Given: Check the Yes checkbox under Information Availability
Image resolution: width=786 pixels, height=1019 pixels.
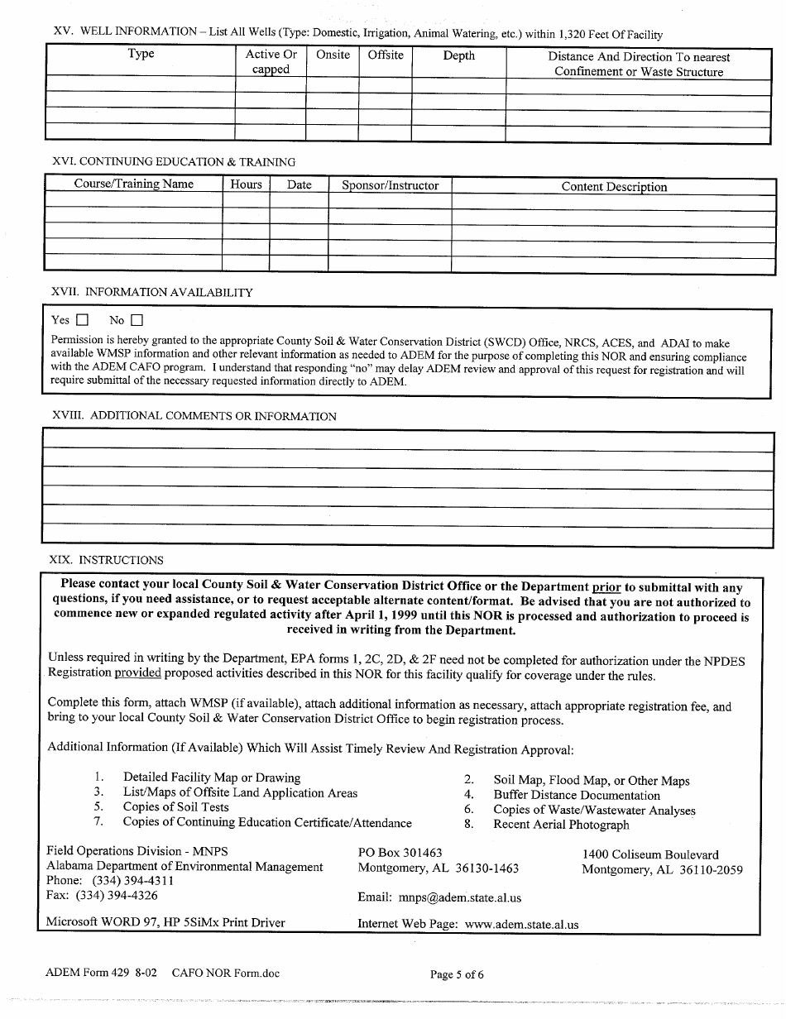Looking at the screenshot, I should (82, 320).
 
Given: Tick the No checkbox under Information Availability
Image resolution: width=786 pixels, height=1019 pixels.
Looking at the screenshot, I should (137, 320).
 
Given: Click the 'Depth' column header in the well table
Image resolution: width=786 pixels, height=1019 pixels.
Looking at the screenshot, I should (458, 55).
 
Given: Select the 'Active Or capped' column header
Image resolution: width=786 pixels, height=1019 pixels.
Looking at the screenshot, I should (271, 62).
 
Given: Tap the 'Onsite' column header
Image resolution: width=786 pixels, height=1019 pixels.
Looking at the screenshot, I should (333, 55).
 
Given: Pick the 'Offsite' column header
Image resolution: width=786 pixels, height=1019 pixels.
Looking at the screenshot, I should (386, 55).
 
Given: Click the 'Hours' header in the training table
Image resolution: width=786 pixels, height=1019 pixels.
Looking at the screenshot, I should (246, 184).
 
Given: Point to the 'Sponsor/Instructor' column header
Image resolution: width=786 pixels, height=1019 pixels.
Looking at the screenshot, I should (390, 185).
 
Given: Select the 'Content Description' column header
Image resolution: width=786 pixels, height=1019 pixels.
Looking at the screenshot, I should (613, 187).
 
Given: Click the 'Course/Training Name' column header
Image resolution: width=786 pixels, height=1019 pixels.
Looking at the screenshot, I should (133, 184).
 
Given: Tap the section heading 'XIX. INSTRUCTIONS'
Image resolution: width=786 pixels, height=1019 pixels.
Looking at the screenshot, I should (107, 560).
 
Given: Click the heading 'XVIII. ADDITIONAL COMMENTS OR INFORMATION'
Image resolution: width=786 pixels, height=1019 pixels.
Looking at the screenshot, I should (194, 416).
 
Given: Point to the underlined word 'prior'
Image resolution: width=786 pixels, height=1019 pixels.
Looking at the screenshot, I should (606, 587).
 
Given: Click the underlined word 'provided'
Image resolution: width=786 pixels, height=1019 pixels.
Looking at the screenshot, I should (137, 673).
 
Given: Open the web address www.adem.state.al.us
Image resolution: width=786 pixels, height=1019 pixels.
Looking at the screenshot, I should (521, 925).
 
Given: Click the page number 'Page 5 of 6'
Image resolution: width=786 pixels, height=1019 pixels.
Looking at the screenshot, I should (457, 974).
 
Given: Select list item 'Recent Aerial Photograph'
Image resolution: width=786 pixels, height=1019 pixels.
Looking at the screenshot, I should (561, 825).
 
